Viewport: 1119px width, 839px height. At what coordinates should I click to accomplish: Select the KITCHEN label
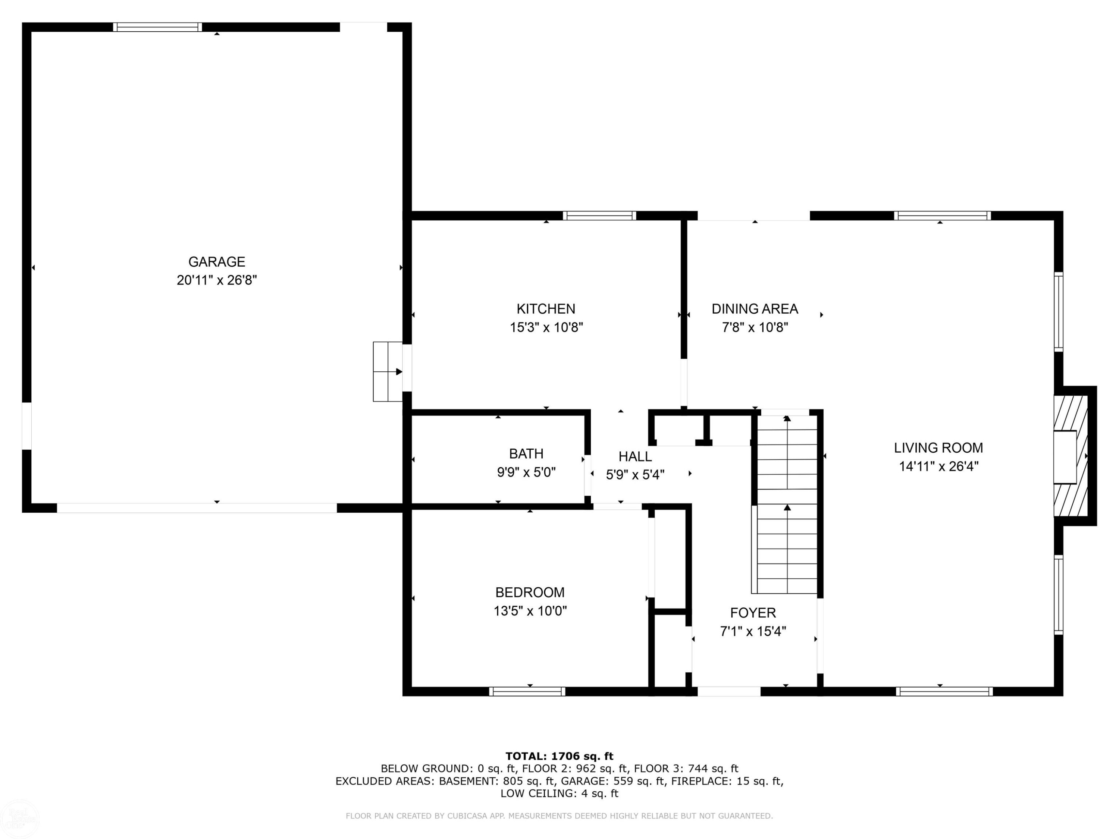[x=546, y=308]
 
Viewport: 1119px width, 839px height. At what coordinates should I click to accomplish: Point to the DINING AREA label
[x=755, y=308]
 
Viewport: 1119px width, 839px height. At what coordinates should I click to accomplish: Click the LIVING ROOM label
[x=938, y=447]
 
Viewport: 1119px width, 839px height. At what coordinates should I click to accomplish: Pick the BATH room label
[x=526, y=454]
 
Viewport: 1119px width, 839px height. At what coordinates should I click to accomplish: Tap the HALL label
[x=635, y=457]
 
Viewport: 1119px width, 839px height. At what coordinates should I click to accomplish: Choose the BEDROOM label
[x=530, y=592]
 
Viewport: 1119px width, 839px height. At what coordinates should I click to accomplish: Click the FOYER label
[x=753, y=613]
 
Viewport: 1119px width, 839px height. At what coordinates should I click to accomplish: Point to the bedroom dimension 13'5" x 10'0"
[x=530, y=611]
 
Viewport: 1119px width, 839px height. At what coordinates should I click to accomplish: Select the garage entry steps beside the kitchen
[x=388, y=372]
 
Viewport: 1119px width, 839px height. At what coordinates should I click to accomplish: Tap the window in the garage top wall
[x=157, y=27]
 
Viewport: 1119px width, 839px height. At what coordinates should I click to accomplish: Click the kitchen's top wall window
[x=599, y=216]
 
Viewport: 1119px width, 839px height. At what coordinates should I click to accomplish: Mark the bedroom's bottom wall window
[x=527, y=691]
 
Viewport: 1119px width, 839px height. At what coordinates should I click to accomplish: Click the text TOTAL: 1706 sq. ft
[x=559, y=756]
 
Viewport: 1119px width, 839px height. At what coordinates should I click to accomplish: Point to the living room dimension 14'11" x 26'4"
[x=938, y=466]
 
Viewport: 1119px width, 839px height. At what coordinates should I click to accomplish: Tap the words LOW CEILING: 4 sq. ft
[x=559, y=793]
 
